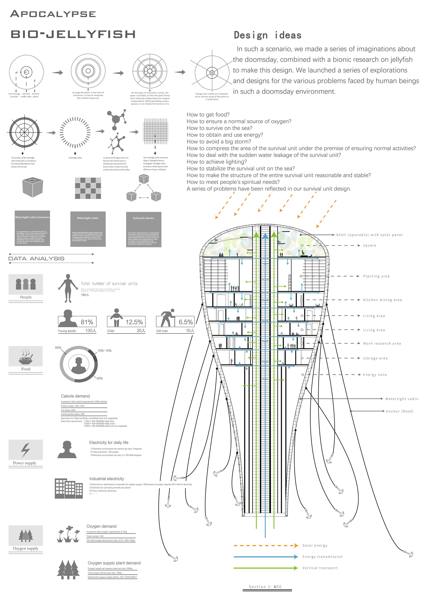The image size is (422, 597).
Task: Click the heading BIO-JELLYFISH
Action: (73, 34)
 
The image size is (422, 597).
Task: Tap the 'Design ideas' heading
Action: (268, 35)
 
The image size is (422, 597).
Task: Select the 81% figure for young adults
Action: (87, 322)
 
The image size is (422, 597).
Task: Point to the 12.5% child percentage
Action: (134, 322)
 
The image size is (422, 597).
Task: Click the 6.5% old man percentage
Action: (186, 322)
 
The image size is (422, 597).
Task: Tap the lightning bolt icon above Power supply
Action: (26, 450)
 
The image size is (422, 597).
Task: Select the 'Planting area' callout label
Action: (376, 276)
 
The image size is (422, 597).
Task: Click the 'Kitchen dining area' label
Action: (382, 300)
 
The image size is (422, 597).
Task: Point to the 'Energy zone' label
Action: (375, 375)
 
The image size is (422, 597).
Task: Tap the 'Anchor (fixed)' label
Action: (399, 411)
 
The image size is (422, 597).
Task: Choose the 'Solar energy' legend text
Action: (315, 546)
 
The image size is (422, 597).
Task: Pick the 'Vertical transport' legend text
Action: (320, 568)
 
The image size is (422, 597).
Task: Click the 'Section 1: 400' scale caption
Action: (265, 587)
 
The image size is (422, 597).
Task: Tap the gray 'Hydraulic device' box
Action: (143, 229)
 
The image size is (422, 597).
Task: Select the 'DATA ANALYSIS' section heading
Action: (37, 259)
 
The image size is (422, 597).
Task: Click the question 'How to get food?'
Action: (208, 115)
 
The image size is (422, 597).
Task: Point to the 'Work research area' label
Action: (382, 344)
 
